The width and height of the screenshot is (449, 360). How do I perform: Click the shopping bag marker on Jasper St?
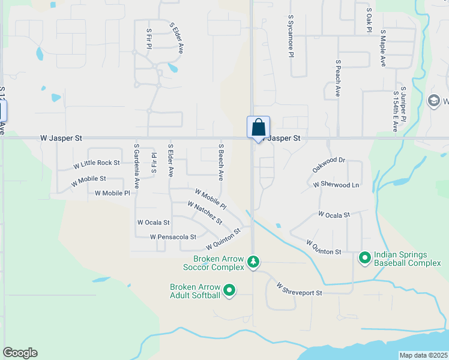click(x=258, y=128)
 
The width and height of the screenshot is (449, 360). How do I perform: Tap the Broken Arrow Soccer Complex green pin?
click(x=254, y=262)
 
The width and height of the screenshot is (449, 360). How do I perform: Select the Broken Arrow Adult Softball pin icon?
click(x=229, y=291)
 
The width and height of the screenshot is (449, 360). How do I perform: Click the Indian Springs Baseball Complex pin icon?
click(x=364, y=258)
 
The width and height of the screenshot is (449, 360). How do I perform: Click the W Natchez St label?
click(x=205, y=213)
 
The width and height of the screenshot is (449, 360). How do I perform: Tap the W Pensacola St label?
click(x=173, y=237)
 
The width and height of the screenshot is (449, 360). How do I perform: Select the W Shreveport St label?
click(x=300, y=289)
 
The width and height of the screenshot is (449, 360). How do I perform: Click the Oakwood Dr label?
click(x=329, y=165)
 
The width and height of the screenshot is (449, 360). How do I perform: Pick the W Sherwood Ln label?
click(x=336, y=185)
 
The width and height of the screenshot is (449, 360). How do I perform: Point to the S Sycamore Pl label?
click(x=291, y=36)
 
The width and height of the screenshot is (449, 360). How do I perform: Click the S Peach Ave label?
click(x=339, y=79)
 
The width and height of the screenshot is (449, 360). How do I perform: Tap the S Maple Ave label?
click(x=382, y=50)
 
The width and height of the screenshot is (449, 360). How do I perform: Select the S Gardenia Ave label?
click(x=137, y=166)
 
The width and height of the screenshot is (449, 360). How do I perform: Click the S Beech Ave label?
click(x=221, y=162)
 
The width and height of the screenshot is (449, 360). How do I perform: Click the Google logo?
click(x=20, y=353)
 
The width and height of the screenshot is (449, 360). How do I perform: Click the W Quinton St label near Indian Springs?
click(x=324, y=247)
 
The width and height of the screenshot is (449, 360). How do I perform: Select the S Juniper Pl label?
click(x=403, y=104)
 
